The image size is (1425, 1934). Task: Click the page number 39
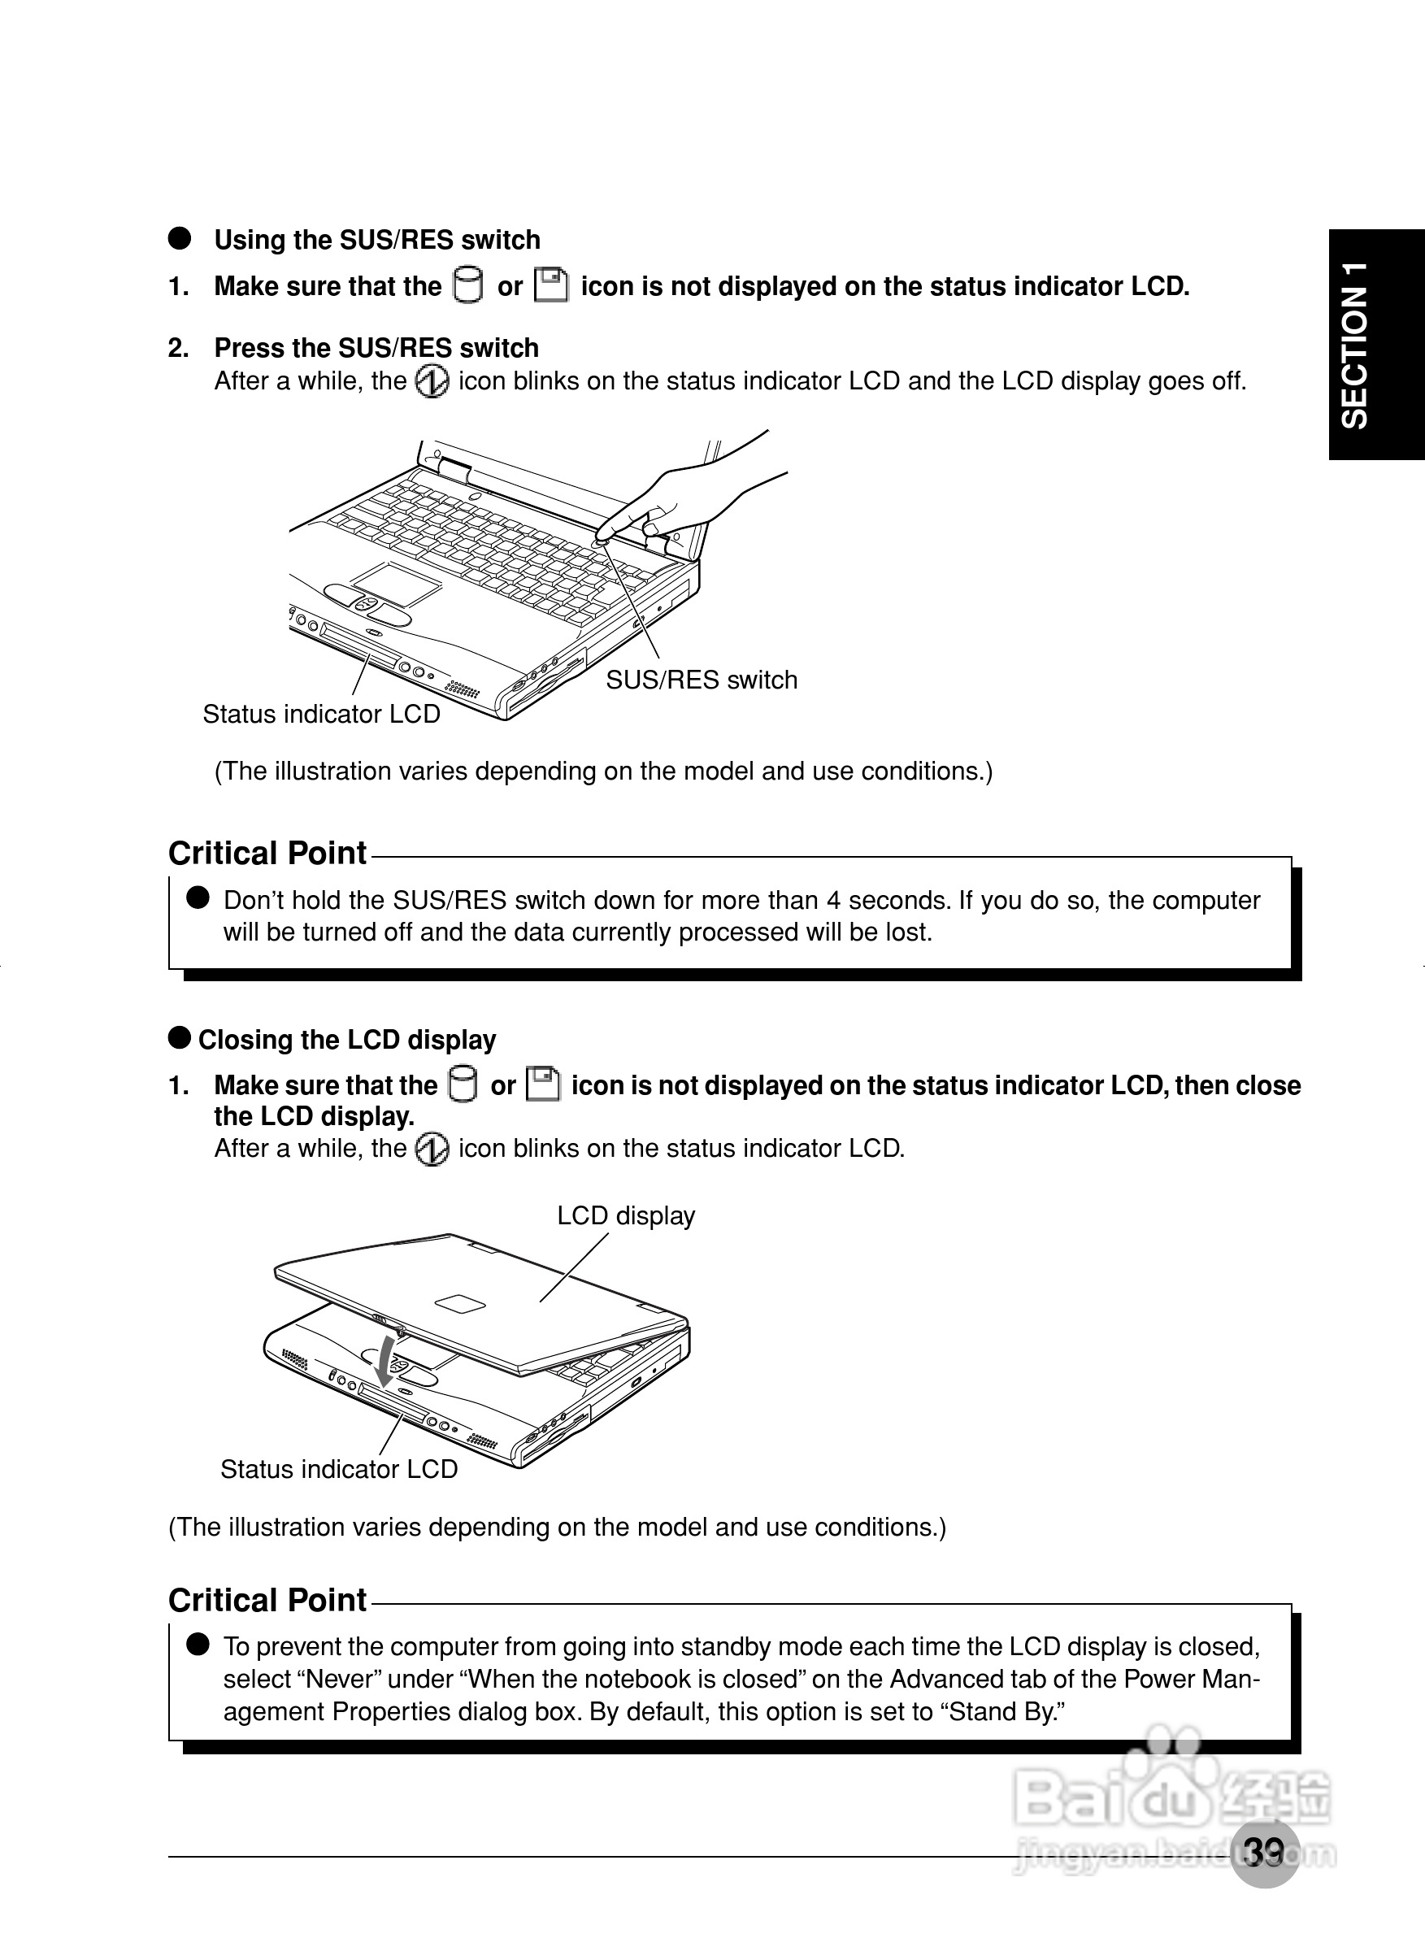1265,1851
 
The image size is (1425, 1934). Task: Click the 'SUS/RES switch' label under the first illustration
701,680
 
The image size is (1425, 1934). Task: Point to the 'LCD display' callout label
625,1215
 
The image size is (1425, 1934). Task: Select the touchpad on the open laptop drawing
397,584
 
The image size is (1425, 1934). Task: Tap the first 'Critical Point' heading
267,853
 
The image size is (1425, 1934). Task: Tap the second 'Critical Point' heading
267,1600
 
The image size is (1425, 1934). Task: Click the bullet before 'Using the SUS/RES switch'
180,239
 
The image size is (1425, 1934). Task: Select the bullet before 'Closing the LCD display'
180,1038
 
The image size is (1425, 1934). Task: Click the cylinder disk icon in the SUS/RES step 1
468,285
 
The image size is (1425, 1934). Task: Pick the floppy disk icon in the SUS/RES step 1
551,285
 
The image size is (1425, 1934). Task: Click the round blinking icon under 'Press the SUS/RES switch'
432,381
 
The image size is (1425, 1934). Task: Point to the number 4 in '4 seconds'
833,901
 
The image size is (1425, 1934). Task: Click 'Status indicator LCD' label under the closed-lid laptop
338,1469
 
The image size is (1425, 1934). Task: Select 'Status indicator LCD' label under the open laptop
321,715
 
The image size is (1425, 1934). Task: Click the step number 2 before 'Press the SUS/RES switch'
178,348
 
